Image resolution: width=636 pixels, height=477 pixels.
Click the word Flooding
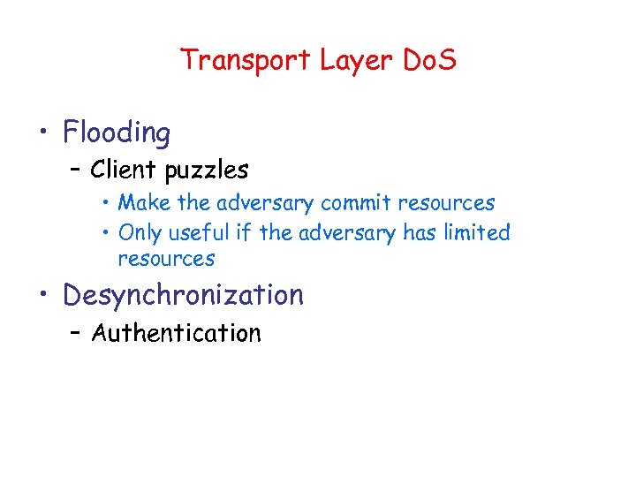[x=117, y=133]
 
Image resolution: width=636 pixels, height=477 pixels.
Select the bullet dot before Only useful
[x=105, y=233]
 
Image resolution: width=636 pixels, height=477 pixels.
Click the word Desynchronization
[x=183, y=295]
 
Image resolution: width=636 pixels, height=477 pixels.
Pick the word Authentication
[x=177, y=333]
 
